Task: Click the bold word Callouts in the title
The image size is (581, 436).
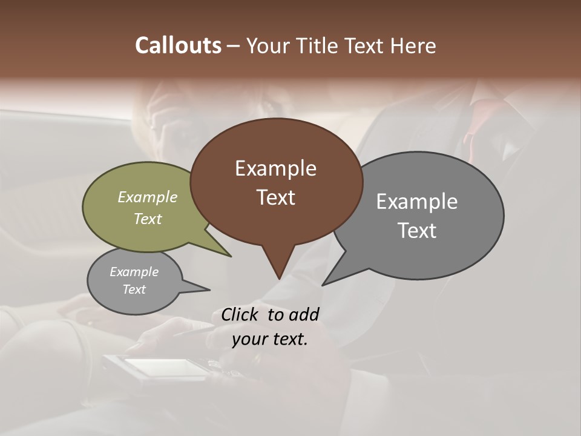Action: [x=178, y=45]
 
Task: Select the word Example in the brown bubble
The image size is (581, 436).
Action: [x=275, y=168]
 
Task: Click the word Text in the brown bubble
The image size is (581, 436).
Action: [x=275, y=197]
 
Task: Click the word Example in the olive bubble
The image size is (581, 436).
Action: [x=148, y=197]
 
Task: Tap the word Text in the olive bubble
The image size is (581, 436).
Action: [x=148, y=219]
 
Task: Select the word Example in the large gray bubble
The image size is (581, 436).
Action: [x=417, y=201]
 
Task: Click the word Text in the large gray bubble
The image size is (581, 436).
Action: [x=417, y=230]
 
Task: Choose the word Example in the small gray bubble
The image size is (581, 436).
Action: [x=134, y=272]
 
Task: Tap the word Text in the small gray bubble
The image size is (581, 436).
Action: [x=134, y=289]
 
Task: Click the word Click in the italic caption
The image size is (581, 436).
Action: [x=241, y=314]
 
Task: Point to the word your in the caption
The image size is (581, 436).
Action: [x=249, y=339]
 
